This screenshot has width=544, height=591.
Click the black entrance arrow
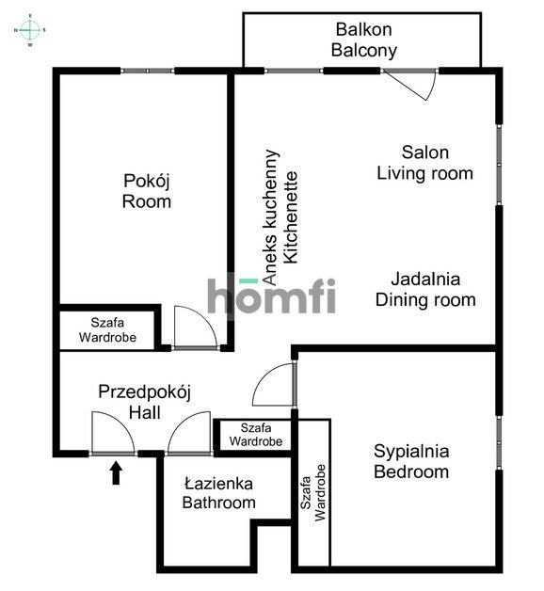coord(116,472)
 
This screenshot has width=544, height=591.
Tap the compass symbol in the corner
coord(30,30)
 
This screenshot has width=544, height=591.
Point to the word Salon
coord(424,152)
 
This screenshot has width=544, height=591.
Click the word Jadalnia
coord(425,280)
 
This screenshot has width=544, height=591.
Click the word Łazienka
coord(218,483)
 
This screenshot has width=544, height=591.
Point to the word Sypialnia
coord(410,450)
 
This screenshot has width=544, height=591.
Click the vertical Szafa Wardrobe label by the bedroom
coord(313,493)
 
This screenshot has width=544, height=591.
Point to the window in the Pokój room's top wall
coord(148,71)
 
